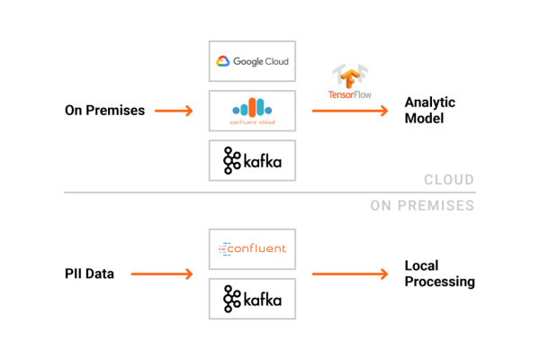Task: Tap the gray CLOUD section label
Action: [449, 180]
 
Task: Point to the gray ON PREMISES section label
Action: [422, 206]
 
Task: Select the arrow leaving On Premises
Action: [174, 111]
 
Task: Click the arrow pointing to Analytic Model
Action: [350, 111]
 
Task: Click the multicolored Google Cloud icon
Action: [223, 62]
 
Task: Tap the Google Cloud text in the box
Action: [261, 62]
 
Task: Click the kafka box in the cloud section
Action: [252, 162]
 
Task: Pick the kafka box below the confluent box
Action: [252, 298]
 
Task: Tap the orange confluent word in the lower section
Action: [258, 247]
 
